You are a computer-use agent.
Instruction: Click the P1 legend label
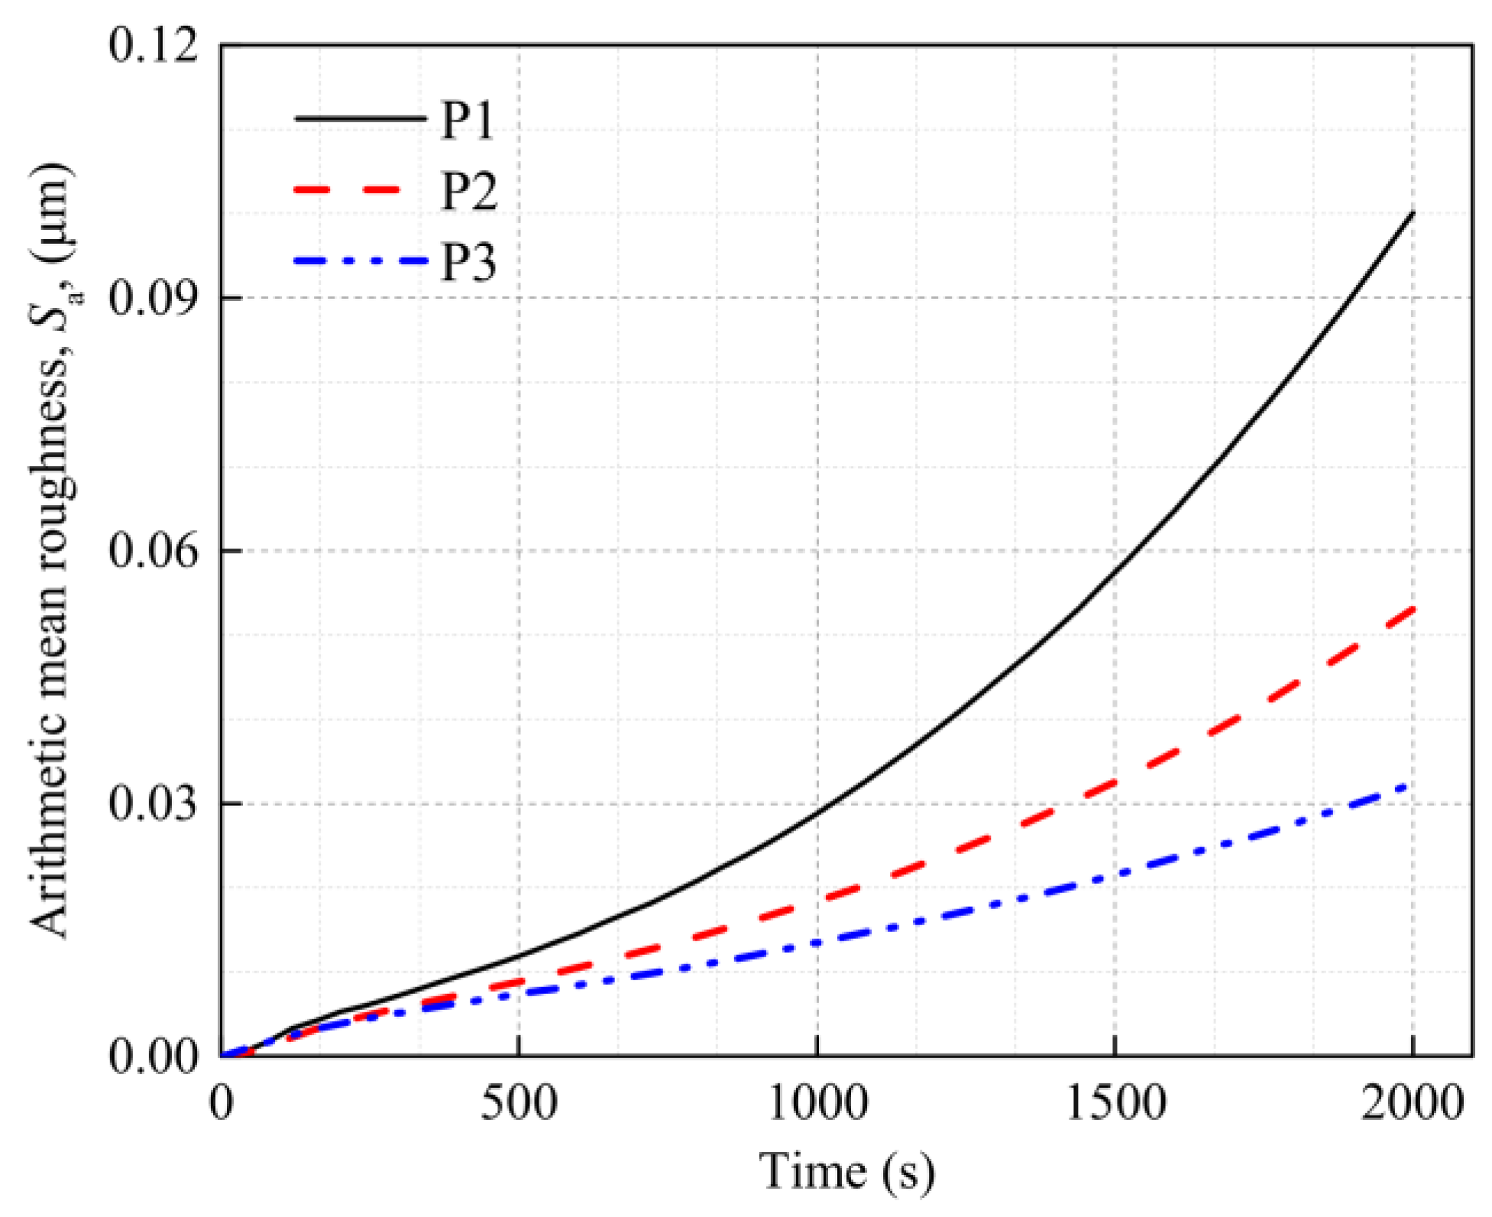[x=468, y=120]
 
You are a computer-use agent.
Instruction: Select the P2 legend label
[x=468, y=191]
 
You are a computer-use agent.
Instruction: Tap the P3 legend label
[x=468, y=262]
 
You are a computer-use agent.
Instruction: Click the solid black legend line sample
[x=360, y=118]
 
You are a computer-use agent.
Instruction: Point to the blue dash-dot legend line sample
[x=360, y=261]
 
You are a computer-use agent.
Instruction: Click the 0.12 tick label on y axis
[x=153, y=44]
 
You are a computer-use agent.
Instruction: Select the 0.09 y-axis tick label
[x=153, y=298]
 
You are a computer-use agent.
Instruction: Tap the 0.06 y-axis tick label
[x=153, y=551]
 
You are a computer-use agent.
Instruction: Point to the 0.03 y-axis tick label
[x=153, y=804]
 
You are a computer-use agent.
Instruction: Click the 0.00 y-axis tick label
[x=153, y=1057]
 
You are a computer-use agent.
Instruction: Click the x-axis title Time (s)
[x=846, y=1171]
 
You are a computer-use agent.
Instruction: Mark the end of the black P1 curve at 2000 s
[x=1413, y=213]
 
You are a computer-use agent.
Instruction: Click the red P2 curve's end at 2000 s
[x=1413, y=610]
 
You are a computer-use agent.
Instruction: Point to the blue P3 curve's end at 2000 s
[x=1408, y=785]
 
